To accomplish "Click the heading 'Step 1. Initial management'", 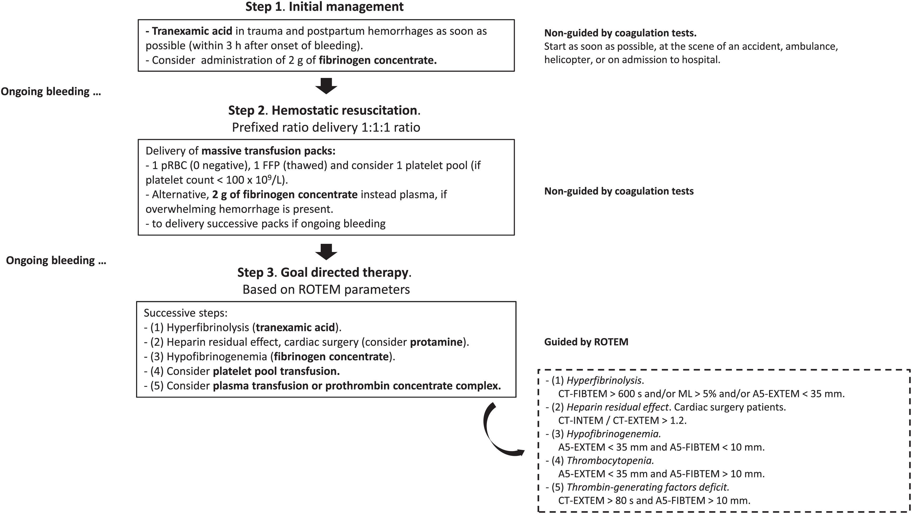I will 324,7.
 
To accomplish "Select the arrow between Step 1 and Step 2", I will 326,86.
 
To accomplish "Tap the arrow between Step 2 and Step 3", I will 326,252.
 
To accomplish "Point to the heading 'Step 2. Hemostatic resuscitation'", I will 324,110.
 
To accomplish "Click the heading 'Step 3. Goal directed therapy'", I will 324,272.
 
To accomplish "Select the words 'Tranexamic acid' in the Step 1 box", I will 191,31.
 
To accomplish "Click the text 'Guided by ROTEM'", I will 586,342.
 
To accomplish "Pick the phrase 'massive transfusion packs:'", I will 268,151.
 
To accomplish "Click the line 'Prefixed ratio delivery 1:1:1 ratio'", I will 326,127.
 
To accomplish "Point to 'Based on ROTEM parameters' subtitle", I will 326,289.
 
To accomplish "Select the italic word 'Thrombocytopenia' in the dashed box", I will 610,460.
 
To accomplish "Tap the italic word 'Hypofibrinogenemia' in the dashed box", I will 613,434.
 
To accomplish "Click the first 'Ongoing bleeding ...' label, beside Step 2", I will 51,92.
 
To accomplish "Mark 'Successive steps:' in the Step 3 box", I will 185,313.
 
